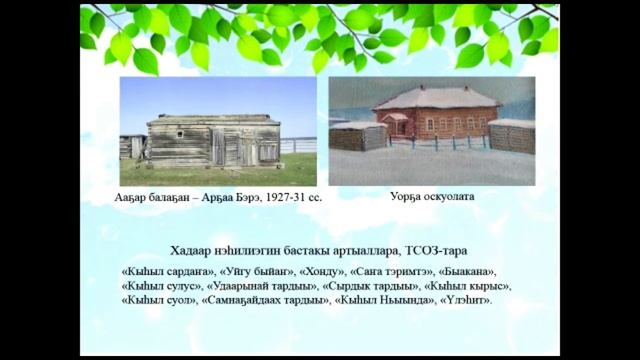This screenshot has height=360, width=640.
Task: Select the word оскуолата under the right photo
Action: pyautogui.click(x=448, y=197)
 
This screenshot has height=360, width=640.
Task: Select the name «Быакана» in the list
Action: pyautogui.click(x=466, y=271)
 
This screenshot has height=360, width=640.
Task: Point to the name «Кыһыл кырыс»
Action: pyautogui.click(x=456, y=285)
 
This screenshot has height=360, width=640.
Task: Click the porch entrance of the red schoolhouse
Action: pyautogui.click(x=399, y=127)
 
